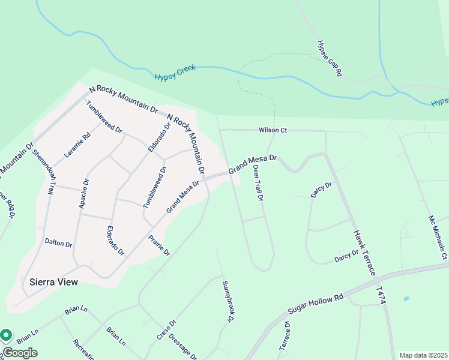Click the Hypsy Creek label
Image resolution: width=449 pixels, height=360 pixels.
[x=175, y=74]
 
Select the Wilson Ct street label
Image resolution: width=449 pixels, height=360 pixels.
[x=273, y=130]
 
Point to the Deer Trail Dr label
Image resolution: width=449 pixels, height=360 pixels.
[x=258, y=182]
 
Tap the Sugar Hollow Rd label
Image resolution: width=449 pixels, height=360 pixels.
[x=315, y=304]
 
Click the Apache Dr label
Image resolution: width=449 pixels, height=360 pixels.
[x=83, y=194]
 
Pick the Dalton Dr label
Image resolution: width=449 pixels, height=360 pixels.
[x=58, y=244]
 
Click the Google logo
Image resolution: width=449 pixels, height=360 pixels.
[x=20, y=353]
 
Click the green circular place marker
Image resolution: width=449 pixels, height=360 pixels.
[x=6, y=335]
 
